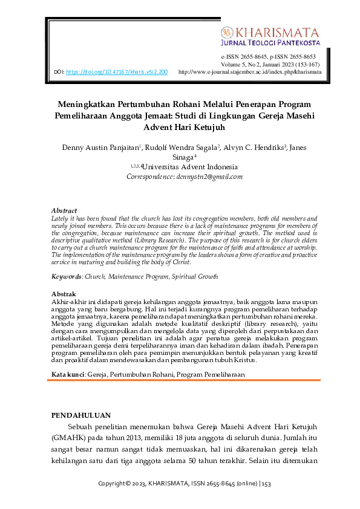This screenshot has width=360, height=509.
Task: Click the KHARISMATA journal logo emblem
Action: [x=227, y=32]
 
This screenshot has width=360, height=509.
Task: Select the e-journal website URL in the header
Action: [x=250, y=71]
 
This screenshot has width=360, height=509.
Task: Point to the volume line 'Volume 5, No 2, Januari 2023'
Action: [x=271, y=63]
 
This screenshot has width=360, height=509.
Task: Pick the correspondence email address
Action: [x=209, y=177]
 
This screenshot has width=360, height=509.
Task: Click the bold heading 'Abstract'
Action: [x=64, y=210]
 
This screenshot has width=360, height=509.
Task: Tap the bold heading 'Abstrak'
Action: [x=63, y=294]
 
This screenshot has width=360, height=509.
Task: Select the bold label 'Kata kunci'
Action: [x=68, y=375]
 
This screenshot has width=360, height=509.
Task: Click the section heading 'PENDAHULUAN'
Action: [x=80, y=415]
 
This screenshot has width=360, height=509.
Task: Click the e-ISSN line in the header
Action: [x=271, y=56]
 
